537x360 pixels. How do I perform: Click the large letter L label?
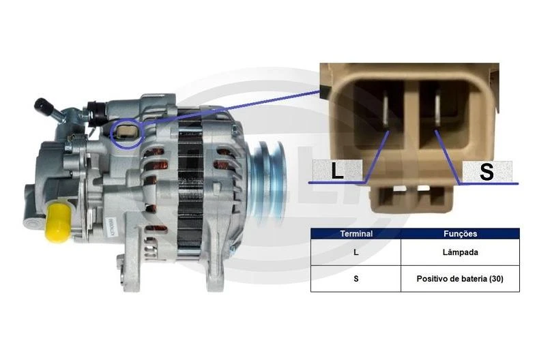[337, 170]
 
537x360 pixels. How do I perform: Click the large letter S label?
[487, 171]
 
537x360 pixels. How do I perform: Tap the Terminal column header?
[356, 234]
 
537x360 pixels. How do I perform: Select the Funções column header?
[461, 234]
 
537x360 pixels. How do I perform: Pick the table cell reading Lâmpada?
[461, 252]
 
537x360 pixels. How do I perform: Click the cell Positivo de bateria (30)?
[461, 279]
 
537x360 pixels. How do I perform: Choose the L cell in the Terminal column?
[356, 252]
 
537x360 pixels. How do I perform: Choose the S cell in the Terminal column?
[356, 279]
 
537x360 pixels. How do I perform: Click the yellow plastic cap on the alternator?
[58, 222]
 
